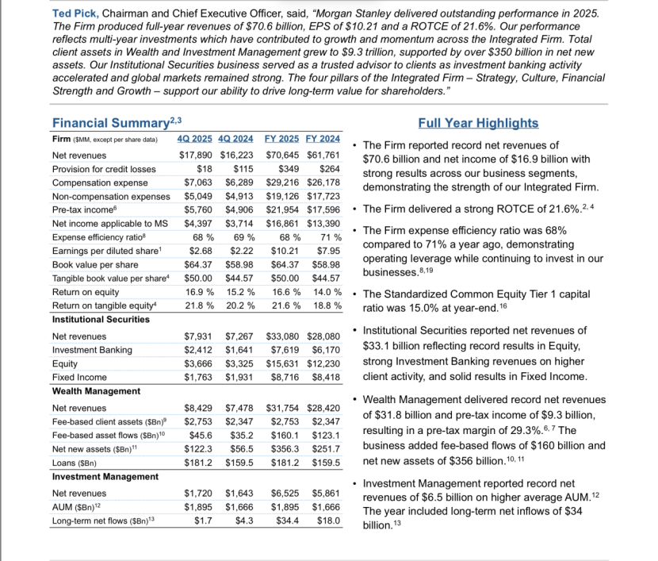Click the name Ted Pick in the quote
tap(75, 14)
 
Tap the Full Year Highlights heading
tap(477, 123)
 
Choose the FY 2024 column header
tap(323, 140)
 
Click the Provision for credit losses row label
tap(104, 168)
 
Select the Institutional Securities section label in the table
tap(101, 319)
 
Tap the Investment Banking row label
tap(91, 350)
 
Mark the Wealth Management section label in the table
tap(92, 391)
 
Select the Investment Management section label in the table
tap(105, 476)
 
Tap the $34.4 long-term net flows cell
tap(287, 521)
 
